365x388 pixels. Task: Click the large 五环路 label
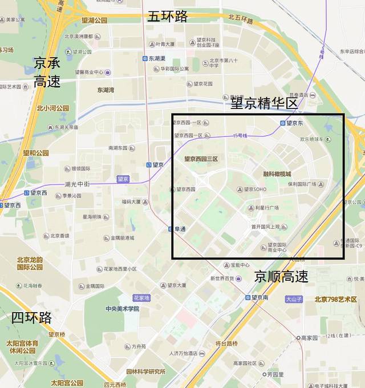point(168,16)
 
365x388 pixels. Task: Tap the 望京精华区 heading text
point(265,103)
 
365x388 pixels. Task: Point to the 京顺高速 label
point(281,277)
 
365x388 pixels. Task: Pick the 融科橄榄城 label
point(277,173)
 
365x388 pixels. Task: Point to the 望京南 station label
point(259,297)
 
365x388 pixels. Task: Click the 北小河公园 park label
point(52,108)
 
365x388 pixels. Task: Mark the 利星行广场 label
point(266,208)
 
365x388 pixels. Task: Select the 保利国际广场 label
point(302,184)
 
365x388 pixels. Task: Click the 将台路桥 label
point(226,343)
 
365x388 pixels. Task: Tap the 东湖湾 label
point(106,90)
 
